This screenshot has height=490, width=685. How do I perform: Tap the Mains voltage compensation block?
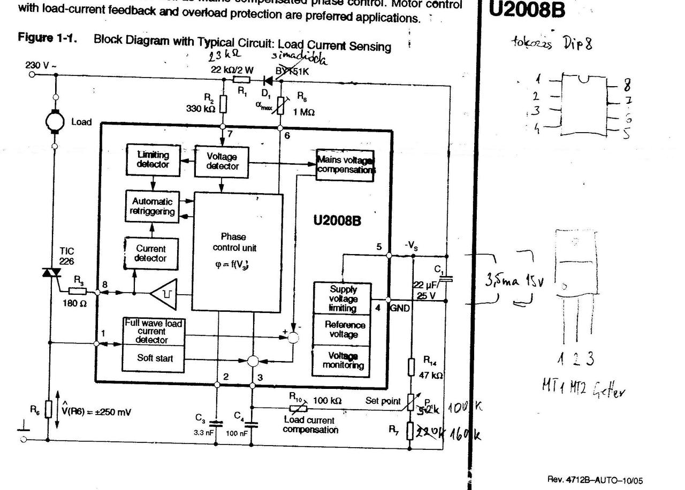(x=345, y=165)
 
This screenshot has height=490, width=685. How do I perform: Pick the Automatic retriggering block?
(x=153, y=206)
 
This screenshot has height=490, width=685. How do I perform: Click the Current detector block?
(x=150, y=253)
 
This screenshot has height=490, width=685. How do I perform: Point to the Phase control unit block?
(x=237, y=251)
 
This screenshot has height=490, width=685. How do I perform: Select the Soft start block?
(x=154, y=358)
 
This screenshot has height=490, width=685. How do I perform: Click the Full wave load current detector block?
(x=154, y=332)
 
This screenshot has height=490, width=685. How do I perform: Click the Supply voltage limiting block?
(x=343, y=298)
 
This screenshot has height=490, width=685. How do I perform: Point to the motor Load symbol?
(x=55, y=121)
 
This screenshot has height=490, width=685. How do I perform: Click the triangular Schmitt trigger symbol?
(x=165, y=293)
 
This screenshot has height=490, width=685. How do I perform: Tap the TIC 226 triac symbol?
(x=49, y=273)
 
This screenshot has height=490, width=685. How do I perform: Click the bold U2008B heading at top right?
(x=527, y=10)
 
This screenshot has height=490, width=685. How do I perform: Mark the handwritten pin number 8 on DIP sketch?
(x=627, y=85)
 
